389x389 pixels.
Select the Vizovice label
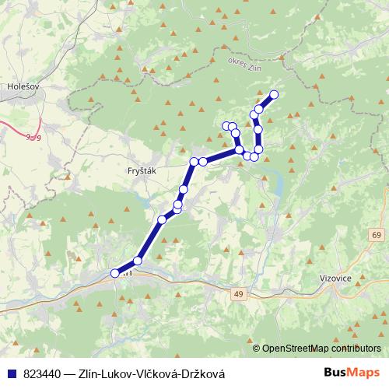click(336, 275)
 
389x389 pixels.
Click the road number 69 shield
click(377, 235)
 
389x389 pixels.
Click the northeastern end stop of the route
click(274, 95)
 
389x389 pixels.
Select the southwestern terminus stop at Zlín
click(115, 272)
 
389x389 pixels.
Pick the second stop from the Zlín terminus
click(138, 261)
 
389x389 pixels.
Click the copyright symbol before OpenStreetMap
click(257, 349)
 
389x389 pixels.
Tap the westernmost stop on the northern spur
click(226, 125)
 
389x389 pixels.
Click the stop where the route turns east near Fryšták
click(194, 162)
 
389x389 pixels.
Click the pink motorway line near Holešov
click(16, 131)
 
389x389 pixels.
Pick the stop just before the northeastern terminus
click(260, 109)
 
